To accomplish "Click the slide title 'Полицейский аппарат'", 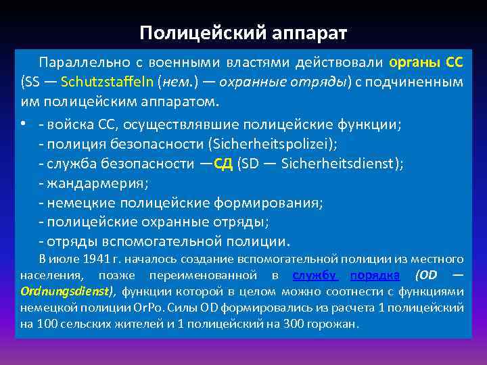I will (x=243, y=33).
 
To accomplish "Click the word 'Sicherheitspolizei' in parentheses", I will (x=266, y=144).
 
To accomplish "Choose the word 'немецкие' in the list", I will (x=76, y=203).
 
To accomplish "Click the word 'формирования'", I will (x=267, y=203).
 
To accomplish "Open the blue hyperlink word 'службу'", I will (x=315, y=275).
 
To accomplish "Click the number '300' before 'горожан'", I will (x=298, y=324).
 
